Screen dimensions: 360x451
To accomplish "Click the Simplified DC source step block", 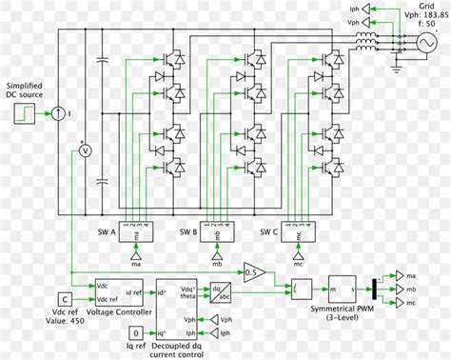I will [23, 114].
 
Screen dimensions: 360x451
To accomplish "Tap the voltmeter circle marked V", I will [83, 150].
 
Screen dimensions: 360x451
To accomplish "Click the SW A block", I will [134, 232].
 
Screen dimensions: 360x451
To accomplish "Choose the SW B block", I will [215, 232].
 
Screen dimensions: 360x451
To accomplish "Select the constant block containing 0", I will [138, 332].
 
